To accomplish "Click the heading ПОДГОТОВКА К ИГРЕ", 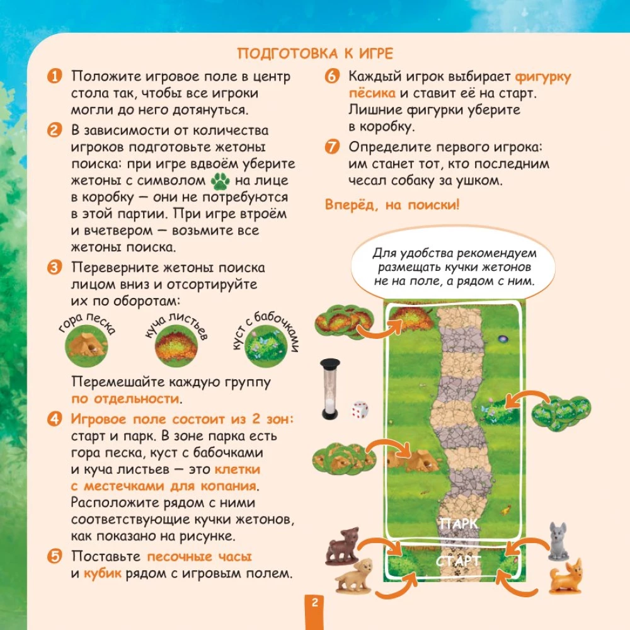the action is point(315,54).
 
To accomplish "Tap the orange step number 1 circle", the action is point(55,76).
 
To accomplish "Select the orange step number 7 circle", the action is point(332,147).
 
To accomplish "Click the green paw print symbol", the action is point(220,181).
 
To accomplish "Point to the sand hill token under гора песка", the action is point(86,345).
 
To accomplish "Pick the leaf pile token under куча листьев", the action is point(176,345).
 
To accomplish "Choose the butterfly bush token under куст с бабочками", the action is point(266,346).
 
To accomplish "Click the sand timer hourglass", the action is point(330,389).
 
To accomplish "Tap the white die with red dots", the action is point(360,409).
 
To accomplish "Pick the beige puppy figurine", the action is point(354,576).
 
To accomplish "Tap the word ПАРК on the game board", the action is point(459,524).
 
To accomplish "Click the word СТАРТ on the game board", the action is point(458,561).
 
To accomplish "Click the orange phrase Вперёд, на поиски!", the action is point(392,205).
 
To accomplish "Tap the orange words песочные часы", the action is point(199,556).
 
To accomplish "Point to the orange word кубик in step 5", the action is point(103,573).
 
